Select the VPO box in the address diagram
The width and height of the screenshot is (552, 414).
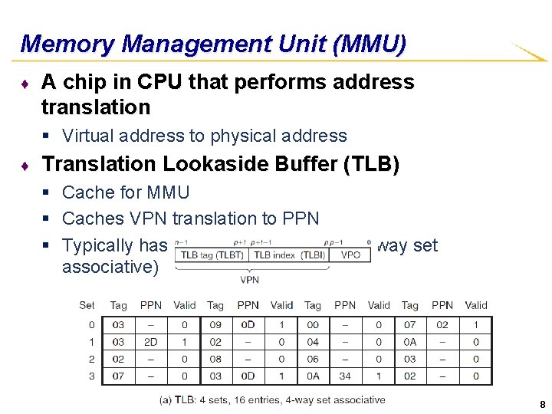coord(350,255)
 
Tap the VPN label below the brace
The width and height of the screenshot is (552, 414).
coord(249,280)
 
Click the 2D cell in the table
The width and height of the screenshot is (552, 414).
coord(151,342)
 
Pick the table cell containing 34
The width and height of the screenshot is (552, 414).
coord(345,376)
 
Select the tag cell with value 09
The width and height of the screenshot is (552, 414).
coord(215,325)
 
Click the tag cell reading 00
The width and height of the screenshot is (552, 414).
coord(313,325)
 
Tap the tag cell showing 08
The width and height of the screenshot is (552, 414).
coord(215,359)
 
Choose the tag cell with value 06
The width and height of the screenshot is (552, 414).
coord(313,359)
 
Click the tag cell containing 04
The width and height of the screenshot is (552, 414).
coord(313,342)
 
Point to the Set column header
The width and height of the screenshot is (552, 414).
coord(87,305)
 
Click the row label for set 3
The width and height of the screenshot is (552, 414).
coord(91,376)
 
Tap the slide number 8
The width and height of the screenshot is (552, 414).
coord(542,405)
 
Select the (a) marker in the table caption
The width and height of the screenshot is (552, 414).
coord(166,399)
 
